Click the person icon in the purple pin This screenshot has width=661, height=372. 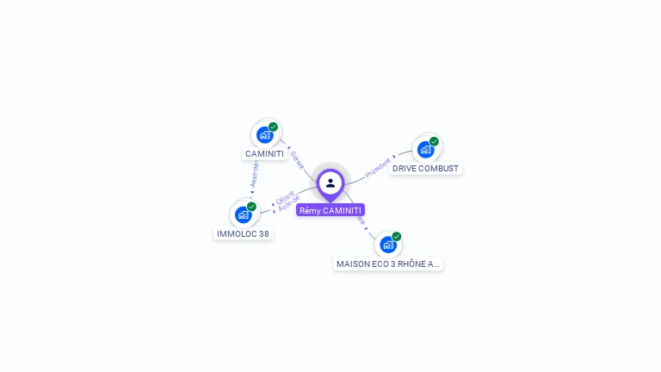330,183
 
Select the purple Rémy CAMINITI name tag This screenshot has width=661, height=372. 330,210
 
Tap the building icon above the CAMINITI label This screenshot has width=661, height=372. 264,134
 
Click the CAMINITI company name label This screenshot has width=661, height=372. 264,154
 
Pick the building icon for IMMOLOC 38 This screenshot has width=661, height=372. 243,214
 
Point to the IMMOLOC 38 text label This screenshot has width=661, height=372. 243,233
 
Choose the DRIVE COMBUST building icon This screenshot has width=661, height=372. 425,149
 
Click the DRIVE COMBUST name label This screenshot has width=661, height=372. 426,169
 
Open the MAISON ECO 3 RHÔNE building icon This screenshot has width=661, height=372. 388,245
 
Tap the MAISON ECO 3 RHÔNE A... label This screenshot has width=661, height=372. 388,264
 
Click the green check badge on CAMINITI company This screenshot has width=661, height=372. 273,127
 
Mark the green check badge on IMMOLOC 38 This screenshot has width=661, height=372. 251,207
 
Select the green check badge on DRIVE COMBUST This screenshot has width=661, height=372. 434,141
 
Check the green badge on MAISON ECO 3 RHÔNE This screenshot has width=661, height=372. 397,237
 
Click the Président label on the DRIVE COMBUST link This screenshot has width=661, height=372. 378,167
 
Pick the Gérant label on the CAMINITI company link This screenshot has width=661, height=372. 297,160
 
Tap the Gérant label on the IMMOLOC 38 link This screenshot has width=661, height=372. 285,197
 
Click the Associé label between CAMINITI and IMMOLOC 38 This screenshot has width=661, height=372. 254,175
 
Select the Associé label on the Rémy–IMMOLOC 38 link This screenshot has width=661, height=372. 289,204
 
